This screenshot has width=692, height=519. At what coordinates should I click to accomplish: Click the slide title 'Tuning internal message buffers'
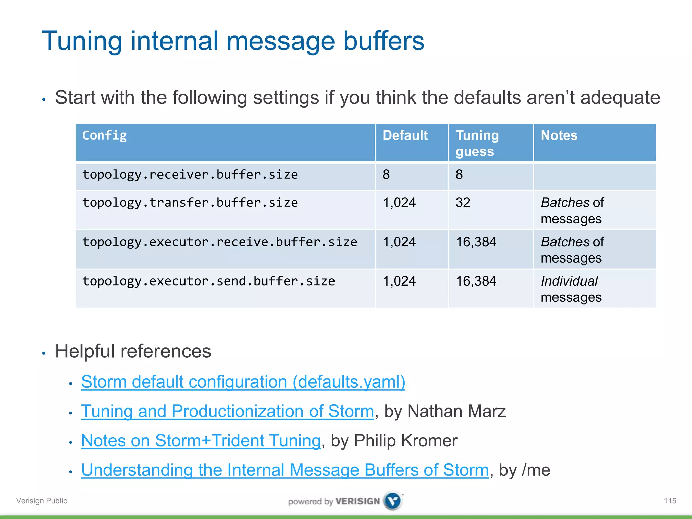[x=233, y=41]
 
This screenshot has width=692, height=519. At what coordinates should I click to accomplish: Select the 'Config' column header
[x=104, y=135]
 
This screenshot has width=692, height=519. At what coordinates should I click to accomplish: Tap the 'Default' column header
[x=405, y=135]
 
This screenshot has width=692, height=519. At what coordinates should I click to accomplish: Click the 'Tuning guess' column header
[x=477, y=143]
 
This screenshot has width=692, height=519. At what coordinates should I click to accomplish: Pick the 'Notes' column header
[x=559, y=135]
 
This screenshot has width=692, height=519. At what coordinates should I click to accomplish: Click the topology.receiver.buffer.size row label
[x=190, y=175]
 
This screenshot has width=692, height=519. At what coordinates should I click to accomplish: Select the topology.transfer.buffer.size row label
[x=190, y=203]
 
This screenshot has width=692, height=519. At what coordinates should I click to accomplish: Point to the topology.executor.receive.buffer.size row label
[x=220, y=242]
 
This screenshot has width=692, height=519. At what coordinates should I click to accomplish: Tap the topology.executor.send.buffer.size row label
[x=208, y=281]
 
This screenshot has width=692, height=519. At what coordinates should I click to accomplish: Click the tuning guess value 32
[x=463, y=203]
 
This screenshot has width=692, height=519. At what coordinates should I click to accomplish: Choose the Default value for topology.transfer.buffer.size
[x=399, y=203]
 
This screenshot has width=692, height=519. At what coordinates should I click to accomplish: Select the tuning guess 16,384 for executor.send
[x=476, y=281]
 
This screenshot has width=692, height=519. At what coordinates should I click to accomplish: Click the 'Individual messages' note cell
[x=571, y=289]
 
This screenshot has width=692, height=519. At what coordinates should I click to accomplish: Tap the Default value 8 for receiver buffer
[x=386, y=175]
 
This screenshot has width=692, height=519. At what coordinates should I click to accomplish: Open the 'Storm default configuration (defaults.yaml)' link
[x=243, y=382]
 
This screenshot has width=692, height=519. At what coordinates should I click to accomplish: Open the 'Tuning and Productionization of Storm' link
[x=227, y=412]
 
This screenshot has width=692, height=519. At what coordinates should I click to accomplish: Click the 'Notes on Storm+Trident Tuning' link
[x=201, y=441]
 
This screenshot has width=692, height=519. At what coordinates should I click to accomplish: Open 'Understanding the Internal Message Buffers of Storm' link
[x=285, y=470]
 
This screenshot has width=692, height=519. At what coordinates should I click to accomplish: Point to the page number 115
[x=670, y=501]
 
